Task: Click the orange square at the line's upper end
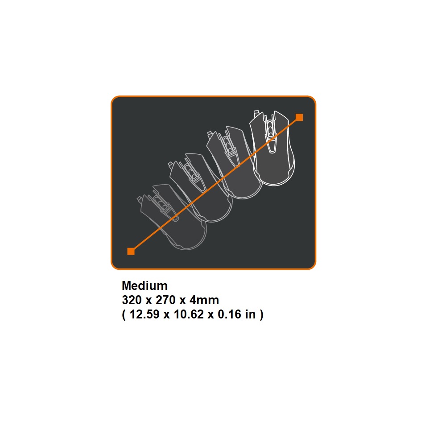tap(299, 117)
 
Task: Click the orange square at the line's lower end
tap(131, 251)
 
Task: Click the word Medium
tap(145, 285)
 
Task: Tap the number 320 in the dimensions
tap(132, 300)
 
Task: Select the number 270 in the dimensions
tap(165, 300)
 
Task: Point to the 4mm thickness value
tap(204, 300)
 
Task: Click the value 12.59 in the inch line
tap(145, 314)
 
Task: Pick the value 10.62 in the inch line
tap(189, 314)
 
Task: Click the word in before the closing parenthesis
tap(250, 314)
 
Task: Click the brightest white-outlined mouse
tap(273, 148)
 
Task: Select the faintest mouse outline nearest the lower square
tap(172, 218)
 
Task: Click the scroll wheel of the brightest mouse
tap(271, 130)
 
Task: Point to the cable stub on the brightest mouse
tap(256, 113)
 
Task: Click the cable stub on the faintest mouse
tap(140, 199)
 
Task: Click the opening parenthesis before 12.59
tap(124, 314)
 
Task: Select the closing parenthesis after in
tap(261, 314)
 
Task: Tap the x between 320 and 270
tap(149, 301)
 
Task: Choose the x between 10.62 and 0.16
tap(211, 315)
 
